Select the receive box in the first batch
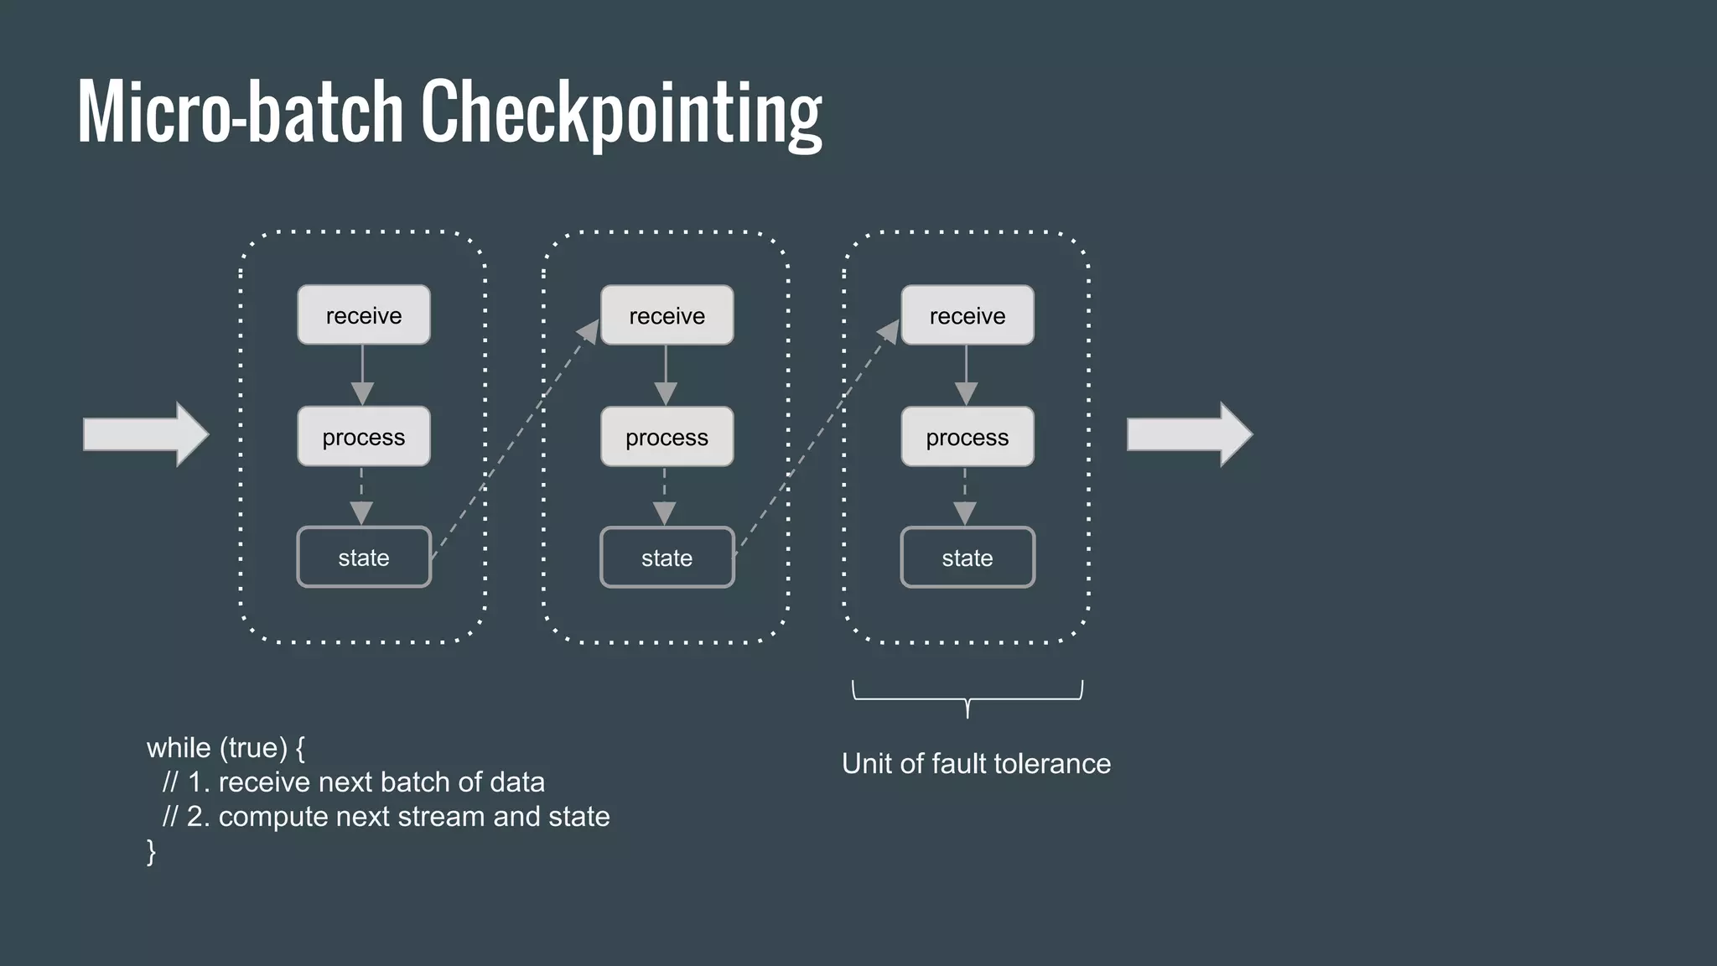364,315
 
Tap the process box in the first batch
364,437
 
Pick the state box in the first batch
364,558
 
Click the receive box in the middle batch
667,315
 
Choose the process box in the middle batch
667,437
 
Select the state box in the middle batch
667,558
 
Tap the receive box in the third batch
967,315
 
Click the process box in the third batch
967,437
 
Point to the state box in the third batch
967,558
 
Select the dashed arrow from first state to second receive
513,439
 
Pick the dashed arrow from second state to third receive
815,439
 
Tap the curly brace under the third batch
967,698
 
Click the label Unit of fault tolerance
976,764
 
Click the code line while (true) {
226,747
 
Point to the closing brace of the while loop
152,851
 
